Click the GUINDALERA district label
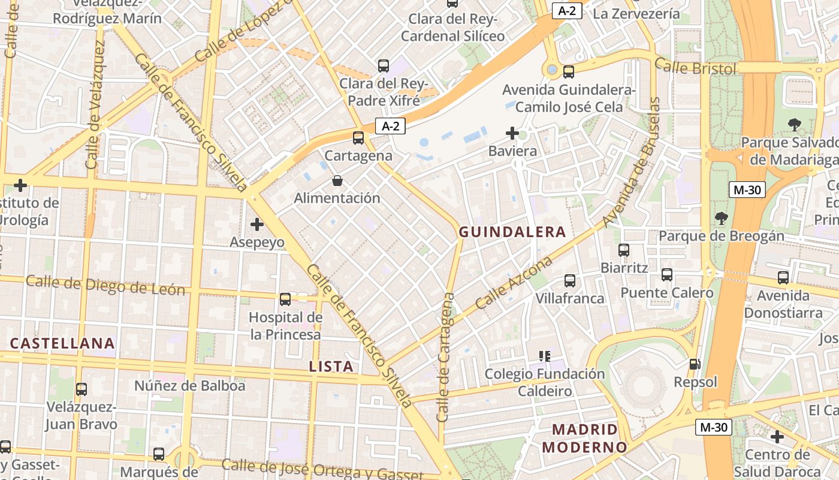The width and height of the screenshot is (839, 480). click(512, 232)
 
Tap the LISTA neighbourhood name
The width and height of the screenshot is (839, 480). click(331, 366)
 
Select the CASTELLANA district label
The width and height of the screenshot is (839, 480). click(62, 343)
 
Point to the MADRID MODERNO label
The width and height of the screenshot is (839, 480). click(584, 438)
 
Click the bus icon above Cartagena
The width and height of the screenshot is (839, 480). click(358, 138)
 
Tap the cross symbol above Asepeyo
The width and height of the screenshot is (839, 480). click(257, 224)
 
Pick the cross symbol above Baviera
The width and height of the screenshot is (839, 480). click(512, 133)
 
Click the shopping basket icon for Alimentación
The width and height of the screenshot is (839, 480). click(337, 180)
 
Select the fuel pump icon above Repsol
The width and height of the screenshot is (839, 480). click(695, 364)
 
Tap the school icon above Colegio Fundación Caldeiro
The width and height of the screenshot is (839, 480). click(545, 356)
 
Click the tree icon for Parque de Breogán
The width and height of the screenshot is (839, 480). click(721, 218)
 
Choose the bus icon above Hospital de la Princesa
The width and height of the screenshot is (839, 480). click(285, 299)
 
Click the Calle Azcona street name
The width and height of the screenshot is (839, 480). click(514, 284)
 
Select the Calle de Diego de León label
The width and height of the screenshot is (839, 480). click(105, 286)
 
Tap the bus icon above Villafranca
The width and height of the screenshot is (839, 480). click(570, 280)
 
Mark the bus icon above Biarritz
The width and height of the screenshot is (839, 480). click(624, 250)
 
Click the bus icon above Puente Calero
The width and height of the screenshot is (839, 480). click(667, 275)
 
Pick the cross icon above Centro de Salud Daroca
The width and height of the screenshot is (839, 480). click(777, 436)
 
